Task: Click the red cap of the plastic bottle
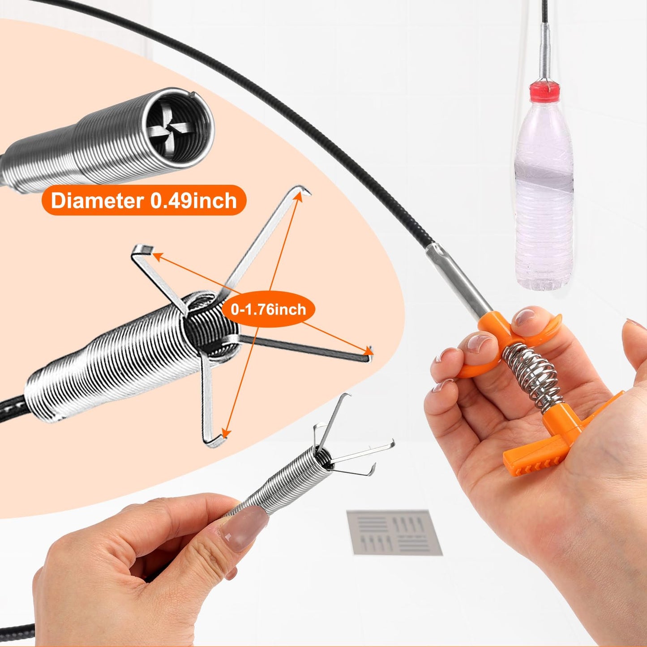[544, 93]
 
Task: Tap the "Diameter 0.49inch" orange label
[144, 200]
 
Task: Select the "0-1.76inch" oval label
[268, 309]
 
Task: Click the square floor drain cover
[394, 532]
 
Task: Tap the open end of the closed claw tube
[179, 130]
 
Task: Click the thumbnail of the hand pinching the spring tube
[244, 528]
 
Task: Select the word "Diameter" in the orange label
[97, 200]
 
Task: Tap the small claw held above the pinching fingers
[349, 452]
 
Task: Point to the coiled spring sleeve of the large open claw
[112, 358]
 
